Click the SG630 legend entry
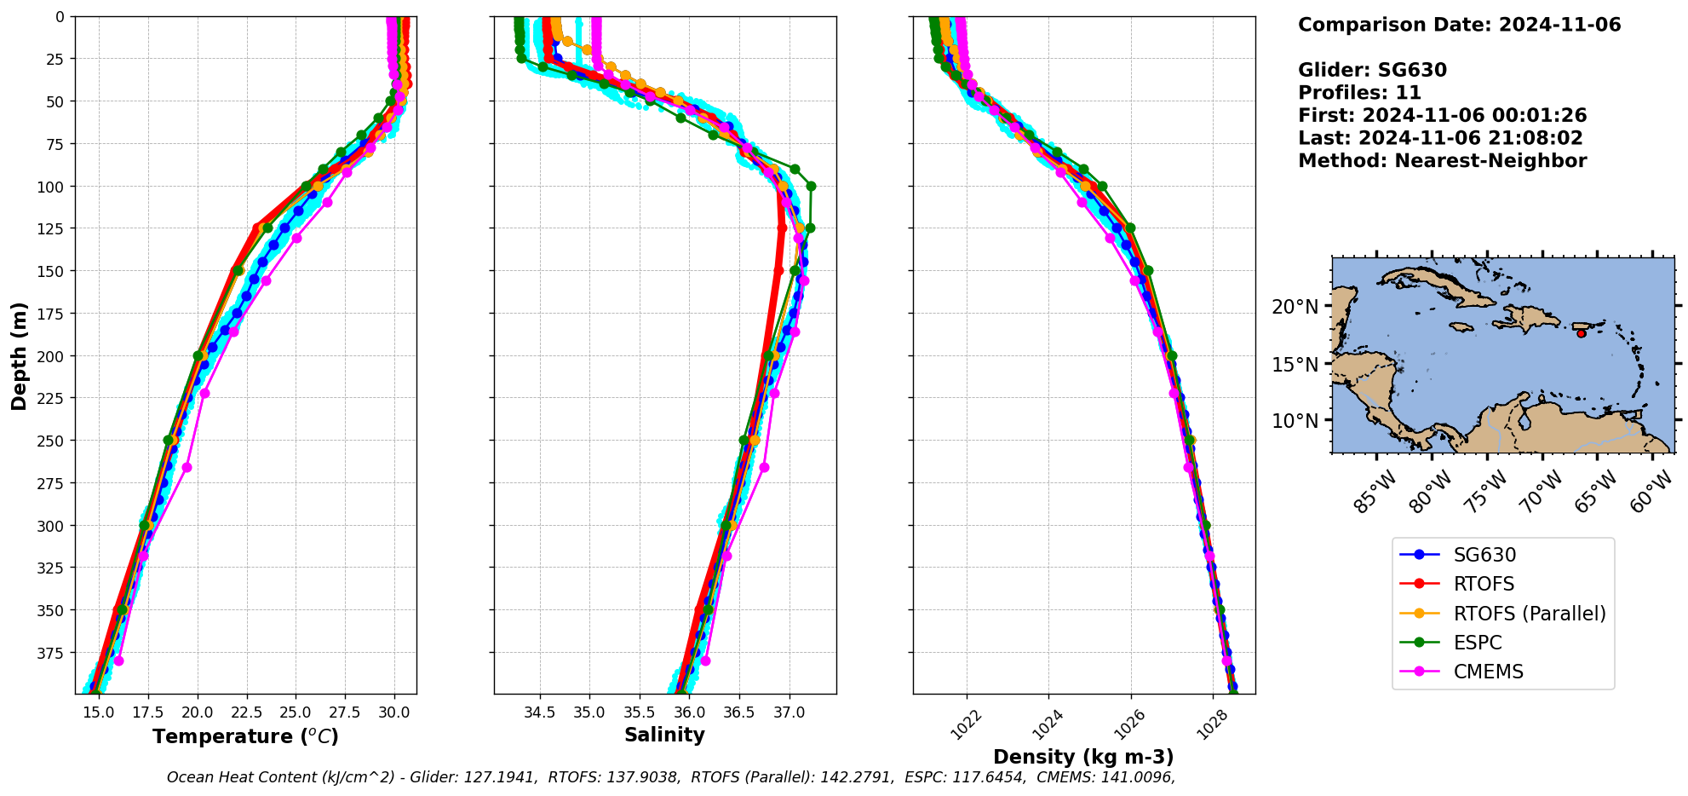click(x=1484, y=555)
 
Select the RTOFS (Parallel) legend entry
click(x=1529, y=614)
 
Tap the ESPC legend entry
click(x=1477, y=643)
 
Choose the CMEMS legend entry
click(x=1488, y=672)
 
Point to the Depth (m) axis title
click(x=19, y=355)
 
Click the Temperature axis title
click(x=245, y=736)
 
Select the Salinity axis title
click(x=664, y=735)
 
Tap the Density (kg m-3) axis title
click(x=1083, y=757)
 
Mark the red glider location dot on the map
click(x=1582, y=333)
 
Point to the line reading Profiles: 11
click(x=1359, y=93)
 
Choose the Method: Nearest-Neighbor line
click(x=1442, y=161)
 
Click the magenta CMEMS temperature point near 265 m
click(x=187, y=467)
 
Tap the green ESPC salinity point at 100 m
click(x=811, y=186)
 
